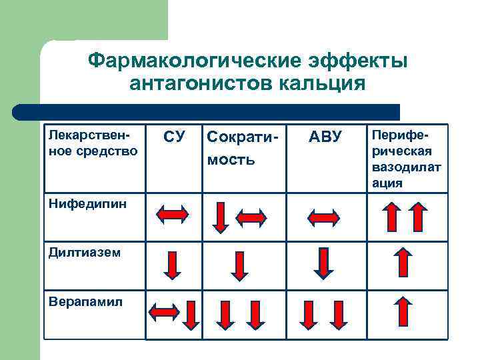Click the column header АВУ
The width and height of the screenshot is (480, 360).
325,137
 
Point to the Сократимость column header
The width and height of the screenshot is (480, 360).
239,149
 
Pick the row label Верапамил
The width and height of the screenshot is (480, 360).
76,301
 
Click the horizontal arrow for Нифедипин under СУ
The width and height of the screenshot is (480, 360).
173,215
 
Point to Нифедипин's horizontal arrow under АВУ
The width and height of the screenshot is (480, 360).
323,217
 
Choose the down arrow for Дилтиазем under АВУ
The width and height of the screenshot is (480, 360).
323,263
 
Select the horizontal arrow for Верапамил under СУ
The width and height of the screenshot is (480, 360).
164,311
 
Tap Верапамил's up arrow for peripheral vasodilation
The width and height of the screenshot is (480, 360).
403,312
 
